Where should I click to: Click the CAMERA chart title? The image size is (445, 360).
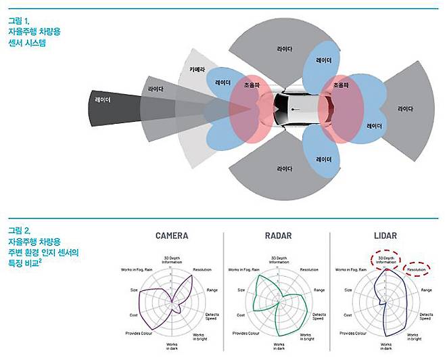click(172, 236)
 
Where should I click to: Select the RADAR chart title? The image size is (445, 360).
click(278, 236)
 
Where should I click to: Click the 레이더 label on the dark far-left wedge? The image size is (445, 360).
click(104, 100)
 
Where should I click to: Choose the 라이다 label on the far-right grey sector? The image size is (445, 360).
click(406, 108)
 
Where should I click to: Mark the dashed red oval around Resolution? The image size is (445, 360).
click(417, 270)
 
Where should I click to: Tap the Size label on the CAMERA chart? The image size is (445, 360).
click(135, 290)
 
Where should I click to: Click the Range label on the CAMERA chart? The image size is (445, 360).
click(210, 290)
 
